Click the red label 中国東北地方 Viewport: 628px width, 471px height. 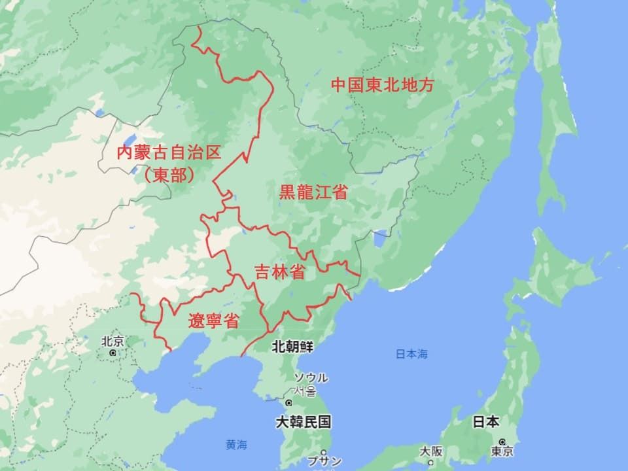(382, 86)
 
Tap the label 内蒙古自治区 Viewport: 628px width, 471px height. (168, 154)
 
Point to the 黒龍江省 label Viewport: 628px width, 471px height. (313, 192)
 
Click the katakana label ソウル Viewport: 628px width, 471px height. (311, 378)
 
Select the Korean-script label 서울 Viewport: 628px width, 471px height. (307, 391)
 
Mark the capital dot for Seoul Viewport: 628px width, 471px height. (288, 402)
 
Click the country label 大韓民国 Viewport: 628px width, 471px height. (304, 422)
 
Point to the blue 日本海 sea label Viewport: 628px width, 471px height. (411, 355)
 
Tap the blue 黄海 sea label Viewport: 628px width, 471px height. (237, 445)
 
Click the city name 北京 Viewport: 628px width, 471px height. (113, 341)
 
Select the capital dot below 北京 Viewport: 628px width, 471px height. (113, 353)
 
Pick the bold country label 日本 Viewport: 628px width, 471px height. (487, 422)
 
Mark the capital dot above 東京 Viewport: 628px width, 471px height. (501, 442)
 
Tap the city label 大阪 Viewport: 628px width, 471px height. (431, 451)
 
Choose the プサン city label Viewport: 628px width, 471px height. (324, 461)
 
